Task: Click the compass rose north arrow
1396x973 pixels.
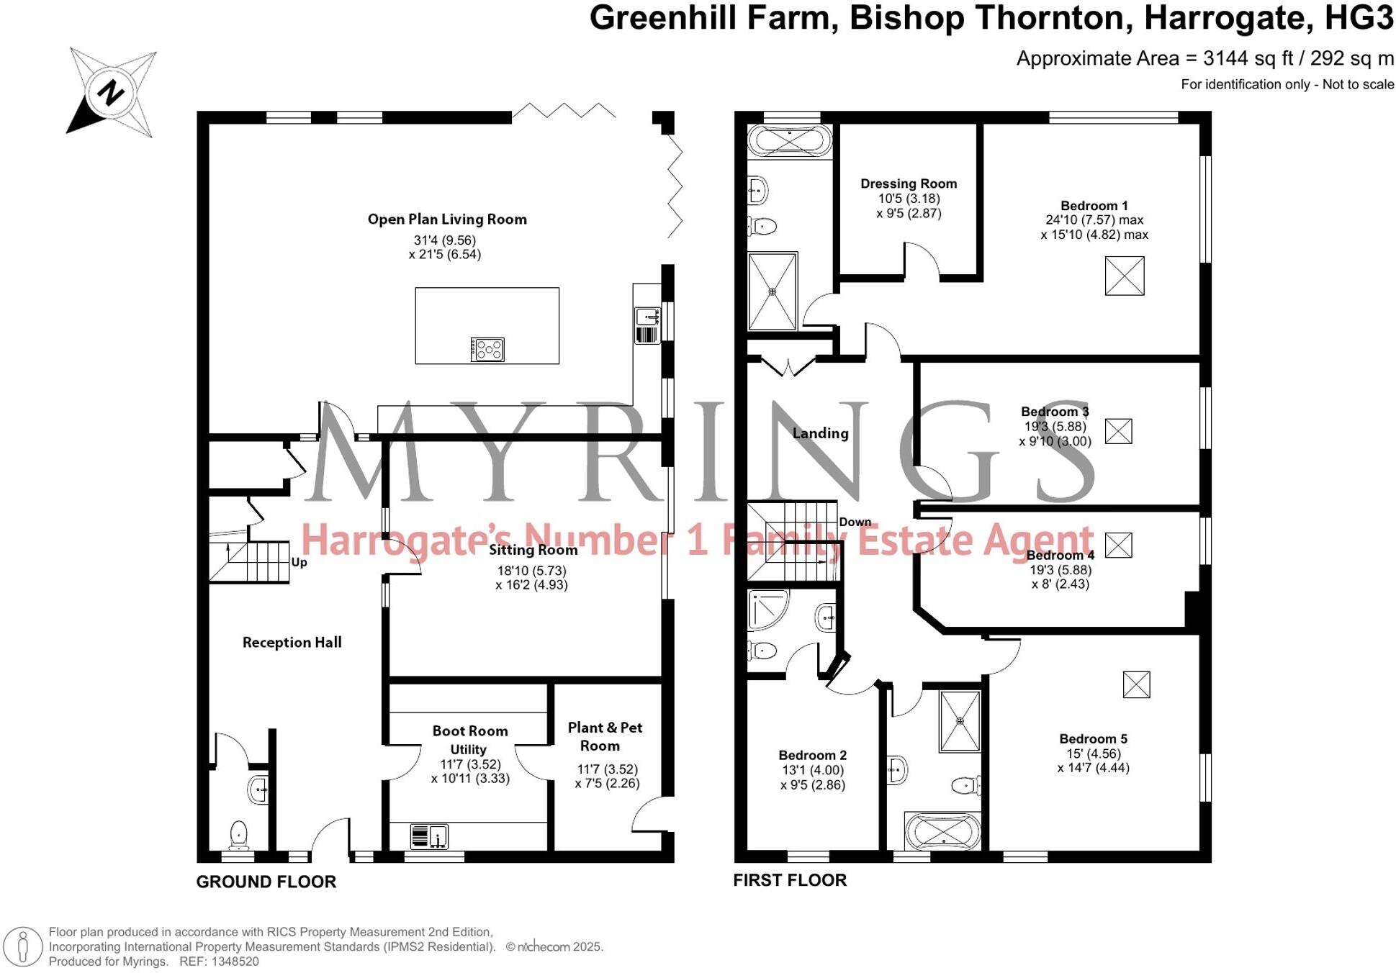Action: click(110, 93)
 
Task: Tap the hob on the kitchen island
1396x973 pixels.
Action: click(487, 350)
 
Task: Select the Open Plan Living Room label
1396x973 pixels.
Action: click(447, 220)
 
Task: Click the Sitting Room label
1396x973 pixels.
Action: click(533, 551)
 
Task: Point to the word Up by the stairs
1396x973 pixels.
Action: click(300, 562)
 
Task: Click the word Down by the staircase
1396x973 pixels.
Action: click(855, 522)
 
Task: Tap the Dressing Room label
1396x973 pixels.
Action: click(909, 184)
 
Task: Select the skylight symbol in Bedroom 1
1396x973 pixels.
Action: click(1124, 276)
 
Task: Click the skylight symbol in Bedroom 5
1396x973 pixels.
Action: click(1136, 684)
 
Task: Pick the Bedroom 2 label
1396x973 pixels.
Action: click(812, 755)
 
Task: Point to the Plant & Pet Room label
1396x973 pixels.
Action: click(605, 736)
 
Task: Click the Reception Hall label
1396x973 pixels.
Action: click(292, 643)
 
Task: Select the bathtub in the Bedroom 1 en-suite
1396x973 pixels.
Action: click(790, 141)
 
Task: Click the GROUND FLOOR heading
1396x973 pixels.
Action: click(266, 882)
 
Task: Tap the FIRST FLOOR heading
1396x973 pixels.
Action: click(790, 880)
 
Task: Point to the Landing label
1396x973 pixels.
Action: click(820, 433)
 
